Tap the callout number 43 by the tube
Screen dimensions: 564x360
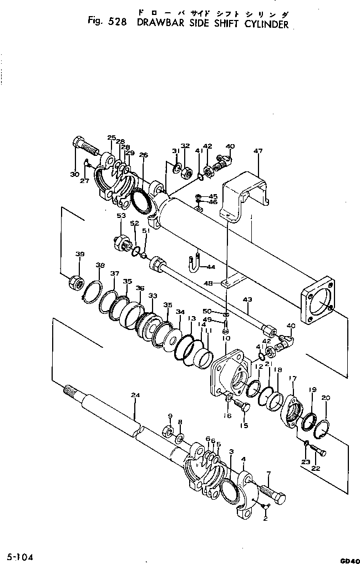248,300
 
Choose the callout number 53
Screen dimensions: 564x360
120,215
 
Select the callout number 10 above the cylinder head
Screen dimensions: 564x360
226,337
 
